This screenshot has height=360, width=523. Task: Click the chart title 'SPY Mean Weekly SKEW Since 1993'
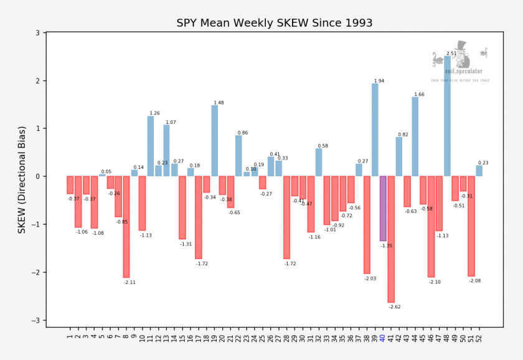coord(275,23)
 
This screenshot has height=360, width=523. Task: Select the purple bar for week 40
coord(383,208)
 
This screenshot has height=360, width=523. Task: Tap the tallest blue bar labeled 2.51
coord(447,116)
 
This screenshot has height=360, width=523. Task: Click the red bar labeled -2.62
coord(391,239)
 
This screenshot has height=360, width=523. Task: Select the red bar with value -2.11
coord(126,227)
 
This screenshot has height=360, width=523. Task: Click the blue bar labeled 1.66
coord(415,136)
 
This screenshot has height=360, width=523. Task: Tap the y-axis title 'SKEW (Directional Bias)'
coord(22,179)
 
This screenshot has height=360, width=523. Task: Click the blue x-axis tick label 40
coord(383,339)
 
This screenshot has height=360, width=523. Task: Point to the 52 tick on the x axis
coord(479,339)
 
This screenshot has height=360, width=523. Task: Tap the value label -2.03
coord(370,278)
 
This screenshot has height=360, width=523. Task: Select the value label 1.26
coord(154,113)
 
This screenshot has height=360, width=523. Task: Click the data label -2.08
coord(474,281)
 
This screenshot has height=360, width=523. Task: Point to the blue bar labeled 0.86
coord(238,156)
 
